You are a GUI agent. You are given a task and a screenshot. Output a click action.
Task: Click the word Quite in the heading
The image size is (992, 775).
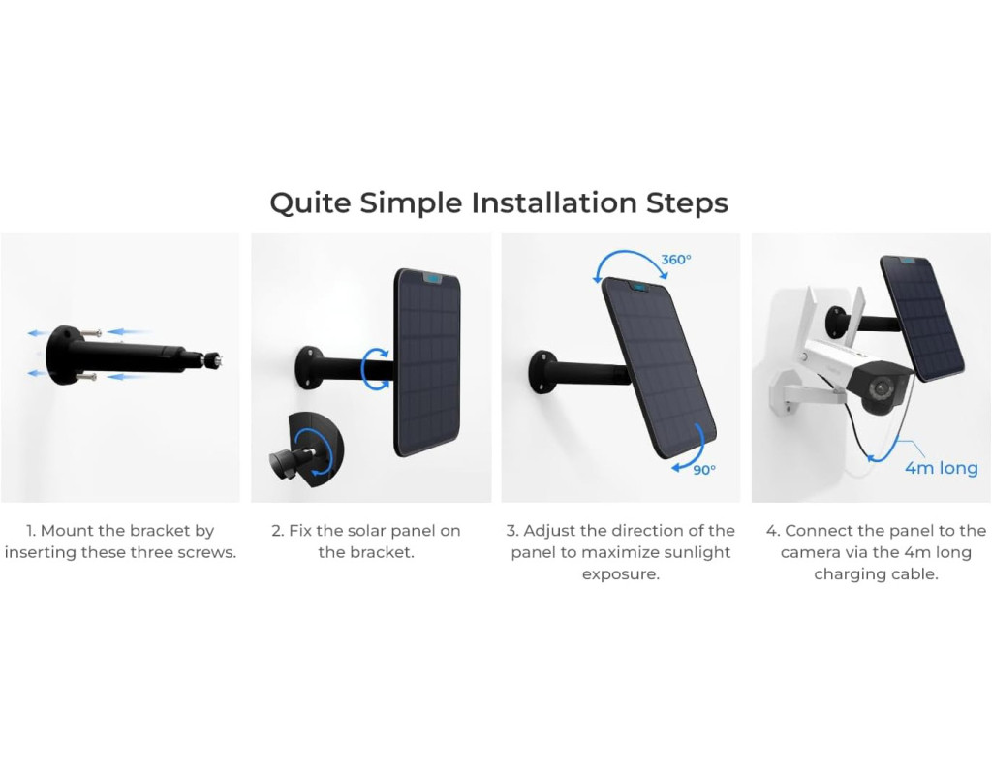(x=310, y=204)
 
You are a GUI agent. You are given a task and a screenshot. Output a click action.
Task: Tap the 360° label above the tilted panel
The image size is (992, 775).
(x=675, y=260)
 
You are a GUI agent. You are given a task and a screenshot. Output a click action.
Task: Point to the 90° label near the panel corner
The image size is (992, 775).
(x=704, y=470)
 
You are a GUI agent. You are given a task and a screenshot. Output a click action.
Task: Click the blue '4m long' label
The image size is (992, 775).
(x=942, y=468)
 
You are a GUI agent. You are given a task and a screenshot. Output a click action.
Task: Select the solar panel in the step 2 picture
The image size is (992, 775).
(x=427, y=362)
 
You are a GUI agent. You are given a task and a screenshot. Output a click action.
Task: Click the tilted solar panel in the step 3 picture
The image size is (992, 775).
(x=658, y=367)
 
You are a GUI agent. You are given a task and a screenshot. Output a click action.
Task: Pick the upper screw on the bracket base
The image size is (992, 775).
(x=92, y=333)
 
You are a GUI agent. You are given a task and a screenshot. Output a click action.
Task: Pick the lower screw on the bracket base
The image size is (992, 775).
(x=86, y=377)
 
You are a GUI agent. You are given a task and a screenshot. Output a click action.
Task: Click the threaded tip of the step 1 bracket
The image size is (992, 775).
(x=213, y=359)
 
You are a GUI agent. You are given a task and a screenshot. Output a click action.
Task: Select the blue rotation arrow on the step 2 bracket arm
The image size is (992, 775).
(x=375, y=367)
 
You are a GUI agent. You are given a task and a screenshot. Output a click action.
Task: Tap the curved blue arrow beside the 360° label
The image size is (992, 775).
(x=630, y=261)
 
